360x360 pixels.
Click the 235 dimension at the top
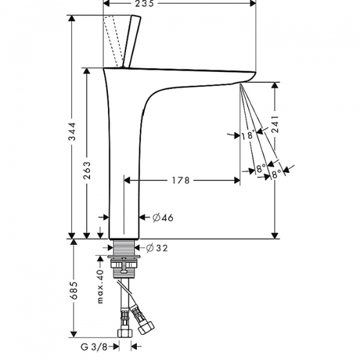146,4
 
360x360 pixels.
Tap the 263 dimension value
87,173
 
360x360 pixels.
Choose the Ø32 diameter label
158,247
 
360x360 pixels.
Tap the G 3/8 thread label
95,346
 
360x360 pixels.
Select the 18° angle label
247,135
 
